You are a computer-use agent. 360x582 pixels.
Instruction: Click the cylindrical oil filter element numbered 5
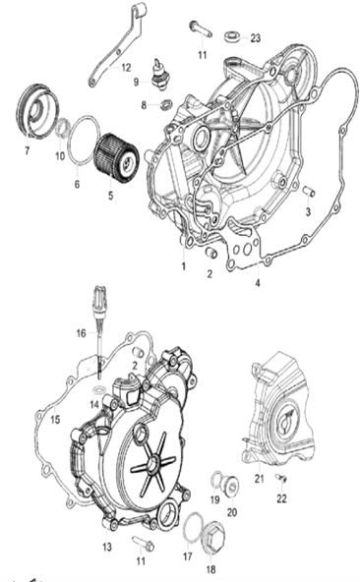coord(117,156)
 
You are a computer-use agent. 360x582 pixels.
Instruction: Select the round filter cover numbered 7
coord(37,110)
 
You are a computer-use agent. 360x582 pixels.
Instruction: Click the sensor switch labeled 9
coord(160,74)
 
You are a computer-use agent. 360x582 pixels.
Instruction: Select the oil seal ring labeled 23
coord(232,36)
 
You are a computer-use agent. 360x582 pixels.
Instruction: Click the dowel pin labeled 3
coord(308,192)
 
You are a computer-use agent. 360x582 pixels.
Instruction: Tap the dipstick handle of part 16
coord(100,300)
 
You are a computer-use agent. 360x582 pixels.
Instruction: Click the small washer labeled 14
coord(98,389)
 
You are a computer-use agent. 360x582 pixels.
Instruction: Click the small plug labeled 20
coord(231,485)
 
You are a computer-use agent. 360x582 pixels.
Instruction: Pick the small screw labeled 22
coord(281,478)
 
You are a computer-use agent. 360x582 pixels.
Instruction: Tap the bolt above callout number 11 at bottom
coord(144,543)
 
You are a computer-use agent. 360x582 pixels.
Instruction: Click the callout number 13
coord(107,547)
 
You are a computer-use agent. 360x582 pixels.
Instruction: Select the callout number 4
coord(258,283)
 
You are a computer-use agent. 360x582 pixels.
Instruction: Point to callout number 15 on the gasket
coord(55,420)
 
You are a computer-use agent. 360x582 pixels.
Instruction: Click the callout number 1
coord(183,266)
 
